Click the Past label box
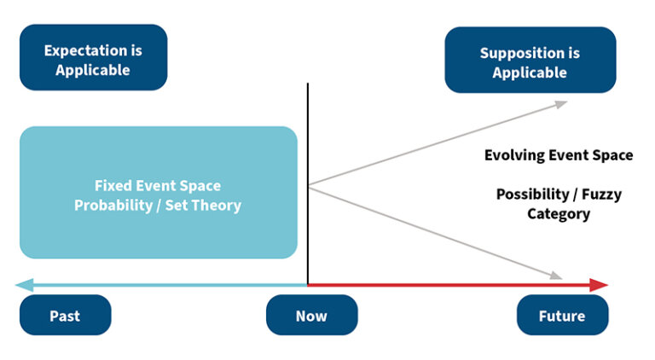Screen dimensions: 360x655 65,316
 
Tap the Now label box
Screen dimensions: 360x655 311,316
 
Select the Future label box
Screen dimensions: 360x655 562,316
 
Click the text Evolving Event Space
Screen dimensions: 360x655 559,155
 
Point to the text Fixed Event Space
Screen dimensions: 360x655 158,185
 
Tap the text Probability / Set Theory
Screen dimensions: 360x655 158,205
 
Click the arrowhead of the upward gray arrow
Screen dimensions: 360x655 559,103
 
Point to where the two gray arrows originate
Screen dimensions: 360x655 308,185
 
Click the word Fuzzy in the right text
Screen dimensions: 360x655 601,195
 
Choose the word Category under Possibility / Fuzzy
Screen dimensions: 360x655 559,213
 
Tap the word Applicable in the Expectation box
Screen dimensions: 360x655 93,70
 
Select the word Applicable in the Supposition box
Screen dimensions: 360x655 529,73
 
